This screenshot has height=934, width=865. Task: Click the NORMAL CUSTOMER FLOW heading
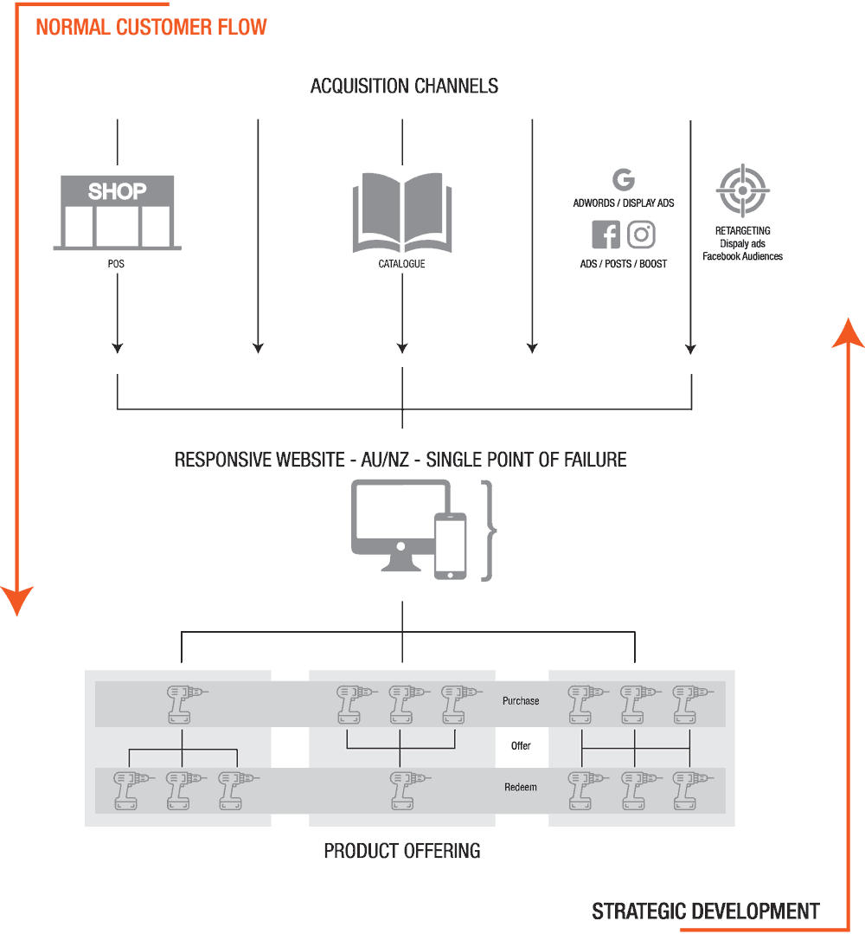pyautogui.click(x=151, y=27)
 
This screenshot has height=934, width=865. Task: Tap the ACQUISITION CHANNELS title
pyautogui.click(x=404, y=86)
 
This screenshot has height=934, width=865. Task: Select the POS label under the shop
pyautogui.click(x=116, y=263)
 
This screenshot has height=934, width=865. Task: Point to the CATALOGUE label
pyautogui.click(x=401, y=263)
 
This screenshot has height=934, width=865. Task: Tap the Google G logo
pyautogui.click(x=623, y=179)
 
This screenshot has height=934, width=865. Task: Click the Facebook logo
pyautogui.click(x=605, y=235)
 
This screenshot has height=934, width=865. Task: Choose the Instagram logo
pyautogui.click(x=641, y=235)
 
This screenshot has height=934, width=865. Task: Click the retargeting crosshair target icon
pyautogui.click(x=742, y=190)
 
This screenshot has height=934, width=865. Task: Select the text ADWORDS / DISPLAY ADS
pyautogui.click(x=623, y=203)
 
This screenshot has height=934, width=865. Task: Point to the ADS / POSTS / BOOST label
pyautogui.click(x=623, y=263)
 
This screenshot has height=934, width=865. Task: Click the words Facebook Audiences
pyautogui.click(x=742, y=256)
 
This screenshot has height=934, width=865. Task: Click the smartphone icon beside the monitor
pyautogui.click(x=450, y=546)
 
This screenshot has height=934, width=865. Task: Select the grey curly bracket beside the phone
pyautogui.click(x=491, y=530)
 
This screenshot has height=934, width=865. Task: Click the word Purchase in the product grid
pyautogui.click(x=521, y=700)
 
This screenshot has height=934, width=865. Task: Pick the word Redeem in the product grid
pyautogui.click(x=521, y=787)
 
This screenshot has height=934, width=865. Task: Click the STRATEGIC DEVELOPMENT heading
pyautogui.click(x=705, y=911)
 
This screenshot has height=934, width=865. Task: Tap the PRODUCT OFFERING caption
pyautogui.click(x=402, y=850)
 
